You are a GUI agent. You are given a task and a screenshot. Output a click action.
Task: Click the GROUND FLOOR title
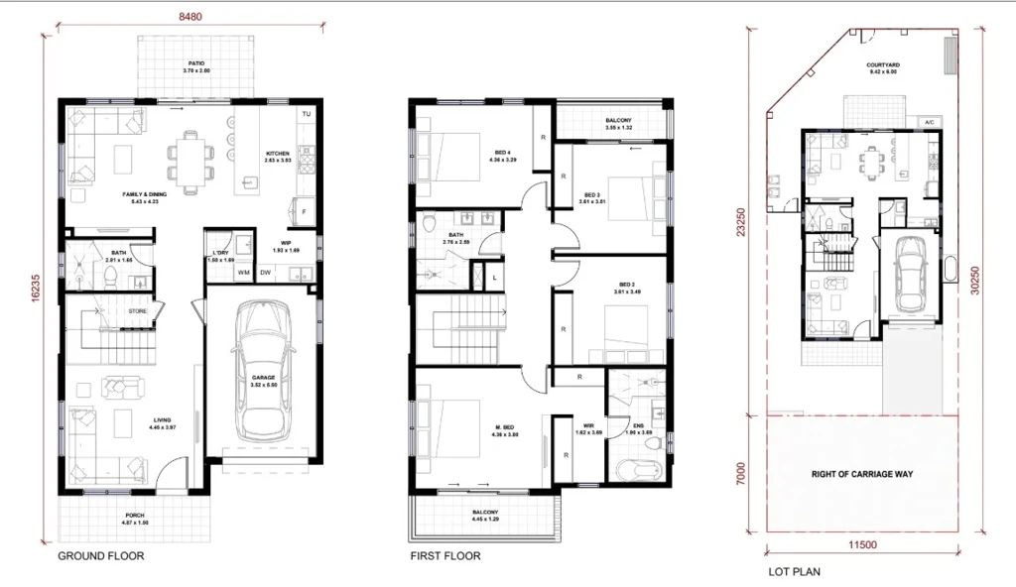100,556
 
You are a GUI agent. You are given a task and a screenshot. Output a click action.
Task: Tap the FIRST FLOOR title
445,556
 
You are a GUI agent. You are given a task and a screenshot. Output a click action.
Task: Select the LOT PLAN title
794,572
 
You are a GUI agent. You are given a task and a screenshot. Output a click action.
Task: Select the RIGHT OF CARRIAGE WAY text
861,474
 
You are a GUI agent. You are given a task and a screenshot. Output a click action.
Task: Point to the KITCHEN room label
278,154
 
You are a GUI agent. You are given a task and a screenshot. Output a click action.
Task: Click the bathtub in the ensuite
634,470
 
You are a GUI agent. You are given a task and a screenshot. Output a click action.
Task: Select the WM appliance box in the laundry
243,273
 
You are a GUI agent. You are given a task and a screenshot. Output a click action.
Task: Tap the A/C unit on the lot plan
930,122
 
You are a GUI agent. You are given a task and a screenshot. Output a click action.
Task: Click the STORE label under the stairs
138,311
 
